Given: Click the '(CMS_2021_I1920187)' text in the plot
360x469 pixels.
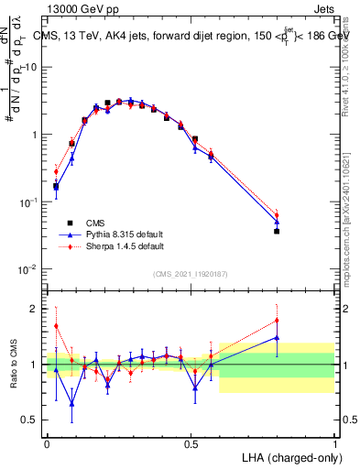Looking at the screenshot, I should tap(191, 273).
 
